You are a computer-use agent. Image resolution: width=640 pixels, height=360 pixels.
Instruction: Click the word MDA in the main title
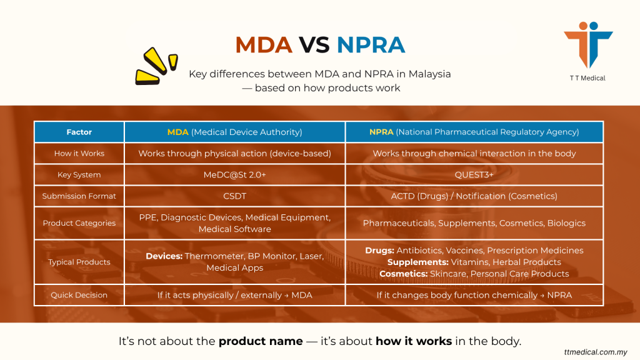pyautogui.click(x=263, y=45)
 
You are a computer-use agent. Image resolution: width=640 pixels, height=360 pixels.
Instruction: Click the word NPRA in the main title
pyautogui.click(x=371, y=45)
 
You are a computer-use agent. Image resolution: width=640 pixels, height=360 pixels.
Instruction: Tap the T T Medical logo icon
pyautogui.click(x=587, y=45)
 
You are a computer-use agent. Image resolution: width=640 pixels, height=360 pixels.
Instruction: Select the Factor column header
pyautogui.click(x=79, y=132)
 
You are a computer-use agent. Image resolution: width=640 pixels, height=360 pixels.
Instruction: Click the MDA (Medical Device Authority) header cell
pyautogui.click(x=234, y=132)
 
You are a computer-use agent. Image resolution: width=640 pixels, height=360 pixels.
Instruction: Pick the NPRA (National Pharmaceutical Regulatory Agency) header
pyautogui.click(x=474, y=132)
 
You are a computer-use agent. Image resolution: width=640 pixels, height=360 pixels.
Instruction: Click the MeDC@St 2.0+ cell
pyautogui.click(x=234, y=175)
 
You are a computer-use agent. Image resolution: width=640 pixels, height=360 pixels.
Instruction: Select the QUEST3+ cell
pyautogui.click(x=474, y=175)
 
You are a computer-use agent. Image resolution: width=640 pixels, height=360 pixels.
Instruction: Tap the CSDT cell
pyautogui.click(x=234, y=196)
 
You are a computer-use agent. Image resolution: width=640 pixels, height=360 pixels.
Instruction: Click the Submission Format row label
pyautogui.click(x=79, y=196)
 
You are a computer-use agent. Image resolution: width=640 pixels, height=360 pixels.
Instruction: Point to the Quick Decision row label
pyautogui.click(x=79, y=295)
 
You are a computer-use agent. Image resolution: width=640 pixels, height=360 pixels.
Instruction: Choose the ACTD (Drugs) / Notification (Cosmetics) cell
pyautogui.click(x=474, y=196)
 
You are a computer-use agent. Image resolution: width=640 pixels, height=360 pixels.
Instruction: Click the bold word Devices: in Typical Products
pyautogui.click(x=164, y=256)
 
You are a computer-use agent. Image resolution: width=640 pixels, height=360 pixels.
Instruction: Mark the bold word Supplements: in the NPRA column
pyautogui.click(x=417, y=262)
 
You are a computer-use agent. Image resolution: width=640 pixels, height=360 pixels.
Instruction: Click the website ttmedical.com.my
pyautogui.click(x=595, y=352)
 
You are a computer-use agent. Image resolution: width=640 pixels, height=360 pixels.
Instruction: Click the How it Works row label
pyautogui.click(x=79, y=153)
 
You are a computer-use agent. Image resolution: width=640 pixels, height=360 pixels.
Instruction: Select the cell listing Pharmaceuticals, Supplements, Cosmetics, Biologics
pyautogui.click(x=474, y=223)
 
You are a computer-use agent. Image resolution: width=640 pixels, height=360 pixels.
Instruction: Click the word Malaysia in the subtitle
pyautogui.click(x=430, y=74)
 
